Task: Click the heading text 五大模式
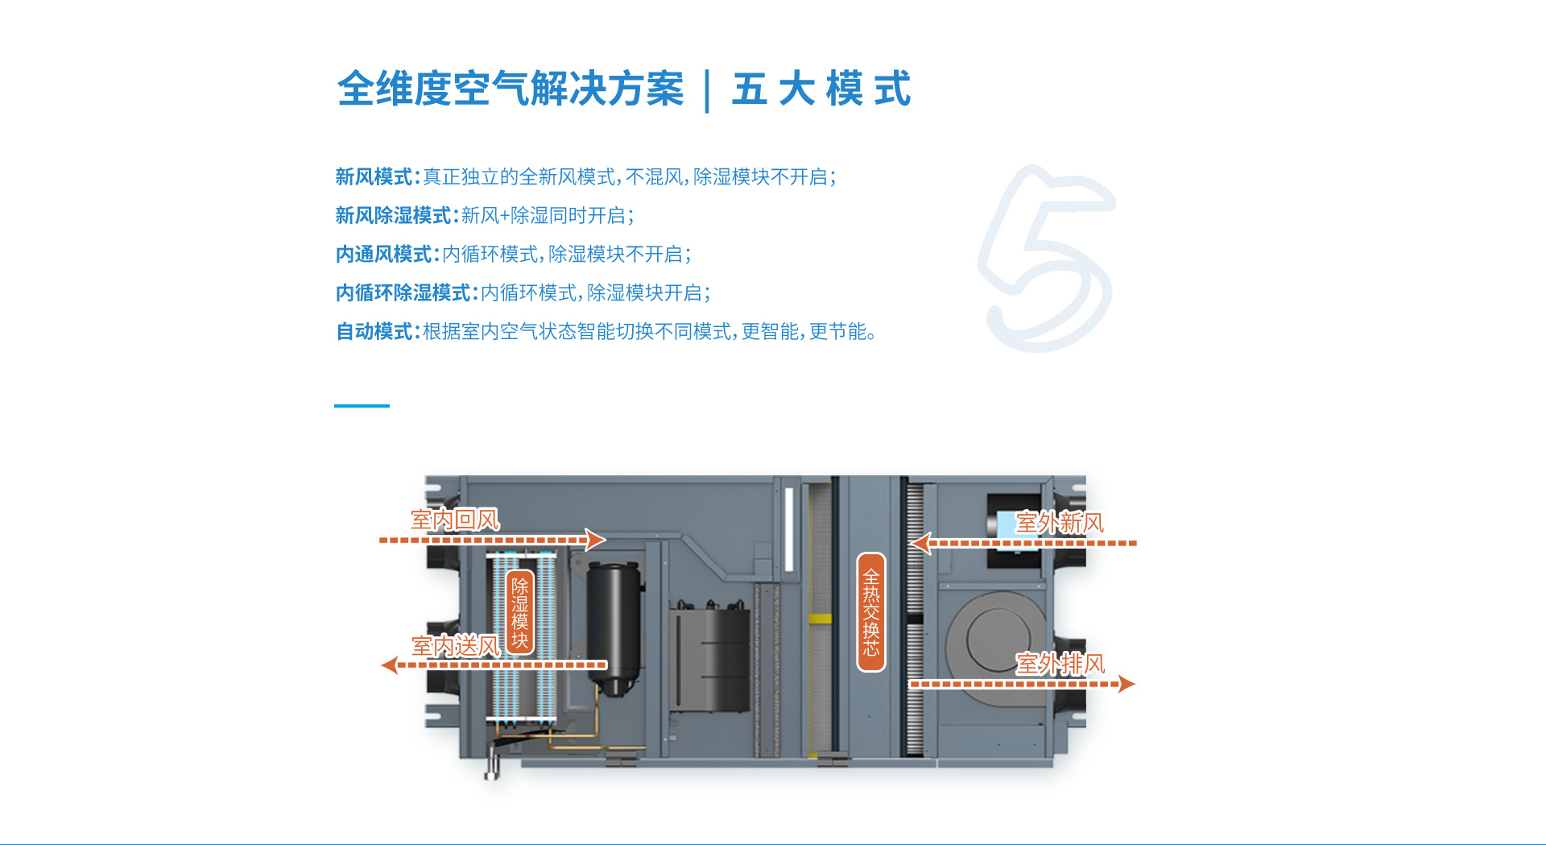pos(821,89)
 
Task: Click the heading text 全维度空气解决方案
pos(511,89)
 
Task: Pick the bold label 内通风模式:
pos(387,254)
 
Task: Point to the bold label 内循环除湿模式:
pos(407,292)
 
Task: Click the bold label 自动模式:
pos(378,331)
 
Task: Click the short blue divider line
pos(362,405)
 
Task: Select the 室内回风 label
pos(455,520)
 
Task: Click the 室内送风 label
pos(456,645)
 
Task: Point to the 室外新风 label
pos(1060,523)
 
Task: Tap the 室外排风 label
pos(1060,664)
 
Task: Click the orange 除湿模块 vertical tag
pos(520,613)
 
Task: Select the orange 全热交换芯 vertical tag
pos(871,612)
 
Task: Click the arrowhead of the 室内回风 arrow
pos(597,540)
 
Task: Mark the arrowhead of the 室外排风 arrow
pos(1126,684)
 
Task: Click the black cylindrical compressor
pos(614,628)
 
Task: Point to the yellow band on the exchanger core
pos(820,619)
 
